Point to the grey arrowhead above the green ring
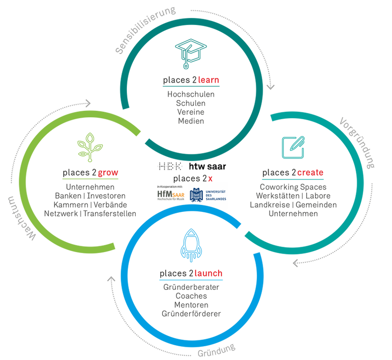[88, 103]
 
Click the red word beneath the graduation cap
[196, 79]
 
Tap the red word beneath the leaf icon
[108, 172]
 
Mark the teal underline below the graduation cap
[184, 86]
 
